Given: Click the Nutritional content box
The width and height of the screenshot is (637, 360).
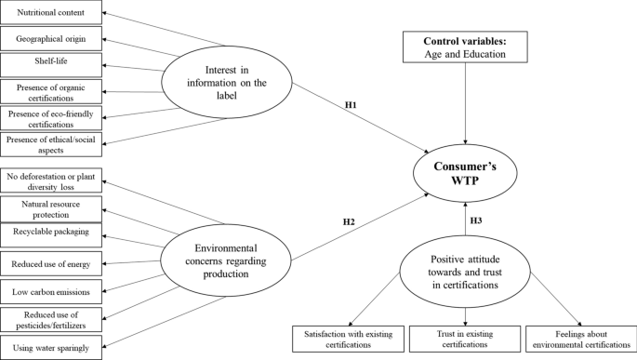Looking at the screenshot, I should [50, 14].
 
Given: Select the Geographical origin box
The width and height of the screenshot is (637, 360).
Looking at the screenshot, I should [50, 40].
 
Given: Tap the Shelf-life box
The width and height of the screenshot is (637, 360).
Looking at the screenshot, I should [50, 65].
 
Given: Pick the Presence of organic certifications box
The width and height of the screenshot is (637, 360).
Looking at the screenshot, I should [50, 93].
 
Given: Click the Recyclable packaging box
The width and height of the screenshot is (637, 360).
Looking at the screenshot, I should [50, 228].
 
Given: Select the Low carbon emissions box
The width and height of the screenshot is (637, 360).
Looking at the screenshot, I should [50, 291].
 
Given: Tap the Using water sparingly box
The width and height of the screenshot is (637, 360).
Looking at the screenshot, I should [50, 346].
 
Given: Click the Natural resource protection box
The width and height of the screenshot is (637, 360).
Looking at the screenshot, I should [50, 203].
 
